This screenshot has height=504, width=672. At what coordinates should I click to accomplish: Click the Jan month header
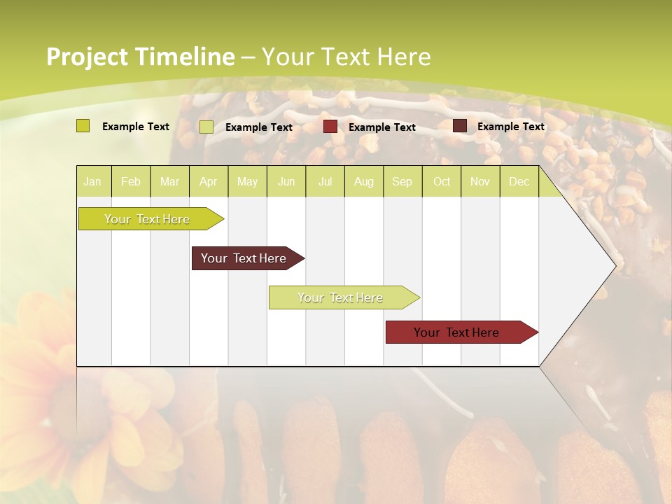pos(92,181)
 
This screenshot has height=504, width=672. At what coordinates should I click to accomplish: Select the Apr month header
pos(208,181)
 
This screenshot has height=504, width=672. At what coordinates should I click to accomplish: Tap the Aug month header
pos(363,181)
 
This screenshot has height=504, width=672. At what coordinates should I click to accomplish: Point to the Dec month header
pos(519,181)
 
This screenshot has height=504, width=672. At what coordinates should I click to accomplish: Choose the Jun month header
pos(286,181)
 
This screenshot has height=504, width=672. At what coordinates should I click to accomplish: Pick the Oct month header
pos(442,181)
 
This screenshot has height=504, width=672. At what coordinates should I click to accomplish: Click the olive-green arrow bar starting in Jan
pos(147,219)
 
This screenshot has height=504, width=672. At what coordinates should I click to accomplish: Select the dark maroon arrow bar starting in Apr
pos(244,258)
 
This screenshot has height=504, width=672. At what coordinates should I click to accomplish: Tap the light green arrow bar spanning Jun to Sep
pos(340,297)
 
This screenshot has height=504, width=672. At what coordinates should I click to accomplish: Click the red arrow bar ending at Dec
pos(456,332)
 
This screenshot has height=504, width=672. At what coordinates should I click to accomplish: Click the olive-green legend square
pos(83,126)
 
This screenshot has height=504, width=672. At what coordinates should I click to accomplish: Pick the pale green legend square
pos(206,127)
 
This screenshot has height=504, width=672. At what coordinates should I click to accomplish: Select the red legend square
pos(330,127)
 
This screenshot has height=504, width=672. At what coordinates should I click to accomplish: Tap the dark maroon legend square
pos(460,126)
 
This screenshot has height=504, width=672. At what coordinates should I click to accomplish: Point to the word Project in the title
pos(87,57)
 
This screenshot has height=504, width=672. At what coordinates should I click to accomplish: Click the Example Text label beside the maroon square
pos(510,127)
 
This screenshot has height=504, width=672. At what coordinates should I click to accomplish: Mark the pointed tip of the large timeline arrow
pos(615,266)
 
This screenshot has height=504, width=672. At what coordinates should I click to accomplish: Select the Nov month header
pos(479,181)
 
